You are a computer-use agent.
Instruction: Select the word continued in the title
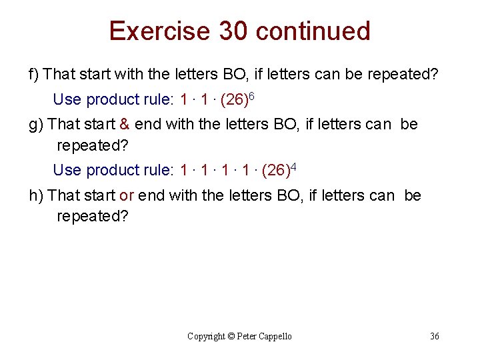[x=313, y=31]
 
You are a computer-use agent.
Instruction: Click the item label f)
[x=33, y=74]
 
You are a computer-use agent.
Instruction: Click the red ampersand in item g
[x=125, y=125]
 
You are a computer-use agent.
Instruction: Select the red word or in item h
[x=127, y=196]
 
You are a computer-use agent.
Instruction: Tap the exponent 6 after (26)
[x=252, y=97]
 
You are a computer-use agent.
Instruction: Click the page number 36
[x=435, y=336]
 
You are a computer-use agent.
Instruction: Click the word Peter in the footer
[x=248, y=336]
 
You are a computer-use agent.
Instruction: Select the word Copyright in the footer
[x=206, y=336]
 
